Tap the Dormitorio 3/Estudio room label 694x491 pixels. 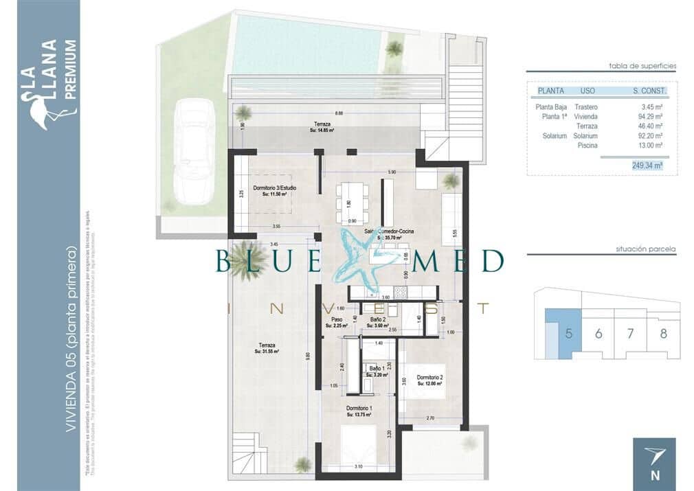274,190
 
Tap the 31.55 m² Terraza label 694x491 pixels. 267,347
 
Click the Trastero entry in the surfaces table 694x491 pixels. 586,107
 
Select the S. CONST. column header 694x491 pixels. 649,91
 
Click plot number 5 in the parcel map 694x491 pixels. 568,334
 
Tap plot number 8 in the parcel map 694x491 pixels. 663,334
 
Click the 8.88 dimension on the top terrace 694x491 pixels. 339,113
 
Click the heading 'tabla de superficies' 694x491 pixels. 642,66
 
